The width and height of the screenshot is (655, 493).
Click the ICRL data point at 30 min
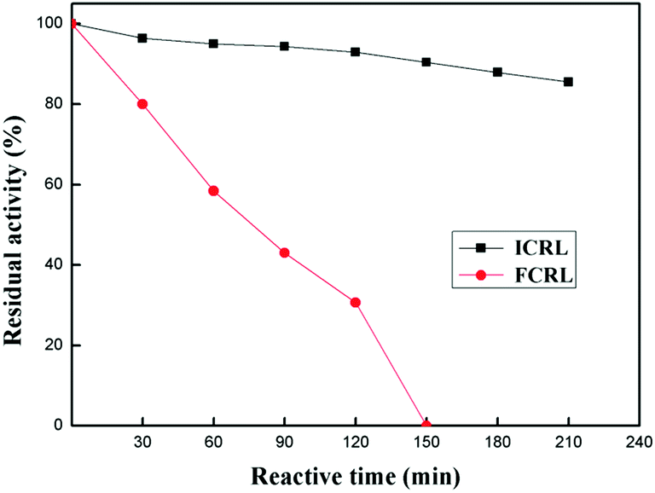pos(142,38)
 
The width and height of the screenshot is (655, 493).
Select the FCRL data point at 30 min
pos(142,104)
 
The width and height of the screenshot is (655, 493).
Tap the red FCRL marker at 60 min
pos(213,191)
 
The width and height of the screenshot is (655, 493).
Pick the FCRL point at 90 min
pos(284,252)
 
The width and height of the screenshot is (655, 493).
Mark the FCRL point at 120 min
pos(356,302)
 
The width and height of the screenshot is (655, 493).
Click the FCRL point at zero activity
pos(426,425)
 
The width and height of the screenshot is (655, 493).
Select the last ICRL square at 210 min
pos(568,82)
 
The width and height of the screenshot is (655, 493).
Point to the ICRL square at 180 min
pos(497,72)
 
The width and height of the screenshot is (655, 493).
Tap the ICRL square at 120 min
pos(356,52)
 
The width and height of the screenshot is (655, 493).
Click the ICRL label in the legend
pos(537,247)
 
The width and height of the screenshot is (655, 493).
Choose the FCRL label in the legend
pos(537,275)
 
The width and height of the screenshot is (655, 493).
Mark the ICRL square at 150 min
pos(426,62)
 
